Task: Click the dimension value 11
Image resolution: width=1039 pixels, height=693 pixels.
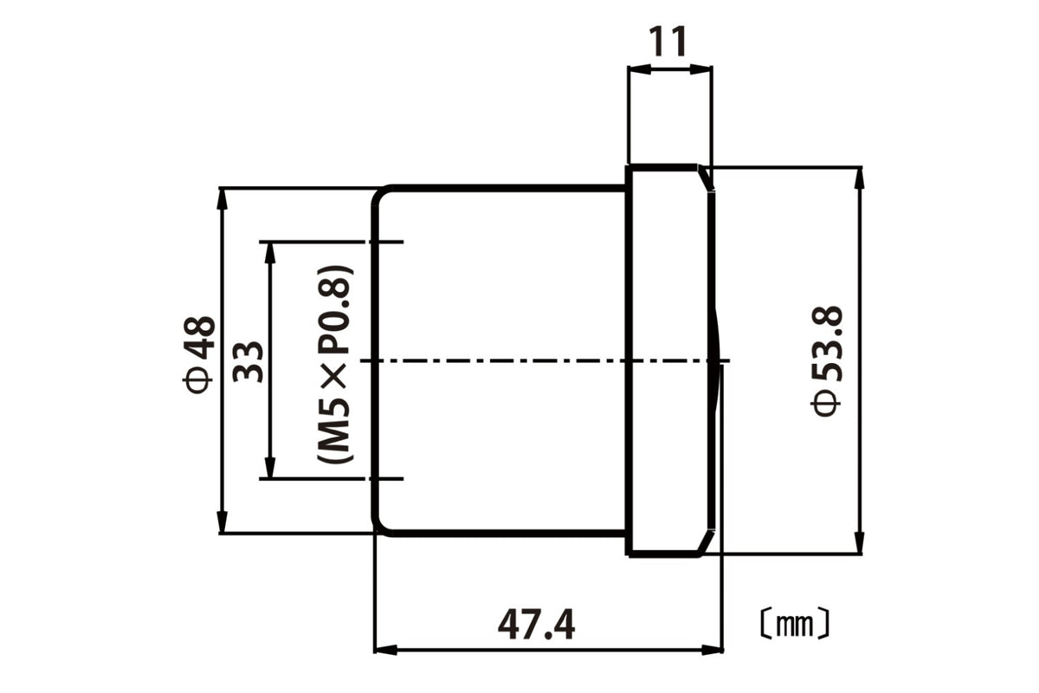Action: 667,42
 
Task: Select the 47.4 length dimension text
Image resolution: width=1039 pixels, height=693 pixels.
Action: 536,625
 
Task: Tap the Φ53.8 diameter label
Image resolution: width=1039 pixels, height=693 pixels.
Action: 826,360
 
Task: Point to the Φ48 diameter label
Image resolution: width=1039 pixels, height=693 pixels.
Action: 198,354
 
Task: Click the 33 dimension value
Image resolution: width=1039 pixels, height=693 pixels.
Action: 248,361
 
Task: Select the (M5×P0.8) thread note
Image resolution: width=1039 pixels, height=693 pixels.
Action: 335,364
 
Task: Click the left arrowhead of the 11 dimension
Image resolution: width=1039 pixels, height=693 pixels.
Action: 639,70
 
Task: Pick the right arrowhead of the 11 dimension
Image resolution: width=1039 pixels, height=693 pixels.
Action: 700,70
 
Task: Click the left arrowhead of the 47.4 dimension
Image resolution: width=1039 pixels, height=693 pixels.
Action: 385,650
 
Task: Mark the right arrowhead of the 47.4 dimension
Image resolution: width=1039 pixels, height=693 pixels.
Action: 712,650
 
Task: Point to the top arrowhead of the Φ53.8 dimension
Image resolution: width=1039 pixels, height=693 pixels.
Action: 860,178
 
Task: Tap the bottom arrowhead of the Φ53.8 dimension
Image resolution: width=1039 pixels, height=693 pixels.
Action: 860,542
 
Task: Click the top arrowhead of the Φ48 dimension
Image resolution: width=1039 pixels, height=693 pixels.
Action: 223,199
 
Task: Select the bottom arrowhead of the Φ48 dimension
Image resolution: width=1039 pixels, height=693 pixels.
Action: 223,522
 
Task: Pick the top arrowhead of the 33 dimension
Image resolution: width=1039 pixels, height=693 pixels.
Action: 270,253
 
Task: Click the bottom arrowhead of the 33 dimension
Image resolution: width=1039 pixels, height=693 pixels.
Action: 270,467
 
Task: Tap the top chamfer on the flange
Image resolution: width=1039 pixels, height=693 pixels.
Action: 705,178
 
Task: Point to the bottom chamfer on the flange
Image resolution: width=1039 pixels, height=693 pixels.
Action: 706,542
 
